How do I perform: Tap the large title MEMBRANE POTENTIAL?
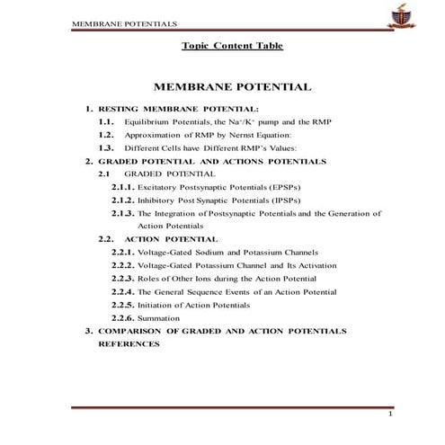[x=233, y=87]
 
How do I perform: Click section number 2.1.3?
[x=123, y=214]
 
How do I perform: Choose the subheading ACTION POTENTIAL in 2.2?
[x=171, y=240]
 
